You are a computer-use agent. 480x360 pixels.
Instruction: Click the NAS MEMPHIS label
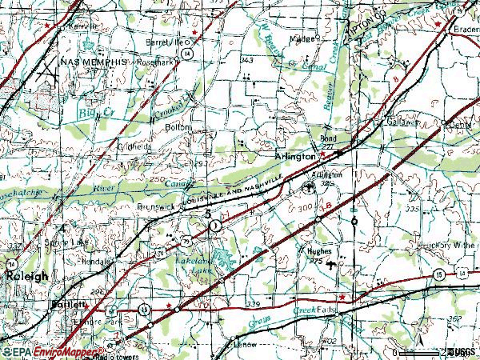coord(92,62)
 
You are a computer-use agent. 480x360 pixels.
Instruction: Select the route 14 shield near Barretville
coord(186,52)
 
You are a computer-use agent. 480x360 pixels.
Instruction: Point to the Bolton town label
coord(178,126)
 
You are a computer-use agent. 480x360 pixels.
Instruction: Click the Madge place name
coord(305,38)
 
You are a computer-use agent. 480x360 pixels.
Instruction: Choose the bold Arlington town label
coord(294,157)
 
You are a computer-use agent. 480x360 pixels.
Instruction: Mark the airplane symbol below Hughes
coord(333,263)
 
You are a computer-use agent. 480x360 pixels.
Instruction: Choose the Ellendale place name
coord(96,261)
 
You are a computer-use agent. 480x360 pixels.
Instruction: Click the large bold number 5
coord(208,215)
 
